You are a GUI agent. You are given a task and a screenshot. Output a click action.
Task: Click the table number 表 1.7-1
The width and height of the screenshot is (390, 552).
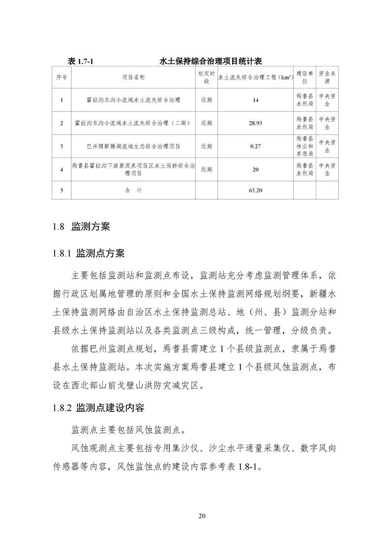(x=80, y=61)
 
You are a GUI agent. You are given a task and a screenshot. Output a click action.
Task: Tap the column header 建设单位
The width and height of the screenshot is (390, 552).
(x=304, y=77)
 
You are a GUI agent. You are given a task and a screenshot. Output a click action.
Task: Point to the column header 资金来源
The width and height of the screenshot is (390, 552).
(x=327, y=77)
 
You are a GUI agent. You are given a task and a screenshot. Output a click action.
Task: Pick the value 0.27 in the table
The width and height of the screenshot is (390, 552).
(x=255, y=146)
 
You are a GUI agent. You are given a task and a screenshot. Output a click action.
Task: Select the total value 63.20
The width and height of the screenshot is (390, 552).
(x=255, y=190)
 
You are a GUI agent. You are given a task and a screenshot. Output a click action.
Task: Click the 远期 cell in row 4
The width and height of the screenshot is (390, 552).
(x=207, y=170)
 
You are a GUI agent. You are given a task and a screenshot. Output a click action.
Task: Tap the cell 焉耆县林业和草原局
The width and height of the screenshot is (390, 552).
(x=304, y=146)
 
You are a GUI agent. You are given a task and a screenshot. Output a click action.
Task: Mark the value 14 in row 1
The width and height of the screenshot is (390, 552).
(x=255, y=100)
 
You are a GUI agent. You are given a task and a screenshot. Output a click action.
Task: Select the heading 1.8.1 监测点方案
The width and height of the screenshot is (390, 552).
(x=89, y=254)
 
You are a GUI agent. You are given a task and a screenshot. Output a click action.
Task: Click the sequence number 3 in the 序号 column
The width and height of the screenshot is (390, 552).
(x=61, y=146)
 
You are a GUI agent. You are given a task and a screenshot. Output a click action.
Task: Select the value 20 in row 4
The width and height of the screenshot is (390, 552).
(x=255, y=170)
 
